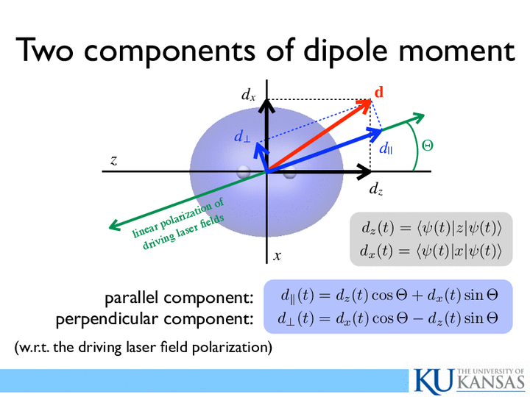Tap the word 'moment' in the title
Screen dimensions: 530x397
457,51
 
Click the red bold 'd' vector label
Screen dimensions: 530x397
379,92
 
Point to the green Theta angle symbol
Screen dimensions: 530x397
427,146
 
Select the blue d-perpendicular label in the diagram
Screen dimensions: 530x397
242,137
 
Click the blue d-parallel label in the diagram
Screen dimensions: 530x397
386,148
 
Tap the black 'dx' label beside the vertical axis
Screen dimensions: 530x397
249,95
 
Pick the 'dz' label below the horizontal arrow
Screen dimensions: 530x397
376,189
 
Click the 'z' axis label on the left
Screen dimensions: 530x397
114,160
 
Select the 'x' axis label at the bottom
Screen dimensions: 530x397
278,256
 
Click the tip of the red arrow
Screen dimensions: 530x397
371,100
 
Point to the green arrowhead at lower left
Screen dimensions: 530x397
114,225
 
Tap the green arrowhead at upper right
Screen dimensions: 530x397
418,118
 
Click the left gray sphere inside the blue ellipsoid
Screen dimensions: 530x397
244,171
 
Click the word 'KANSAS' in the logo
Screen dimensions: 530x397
492,383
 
